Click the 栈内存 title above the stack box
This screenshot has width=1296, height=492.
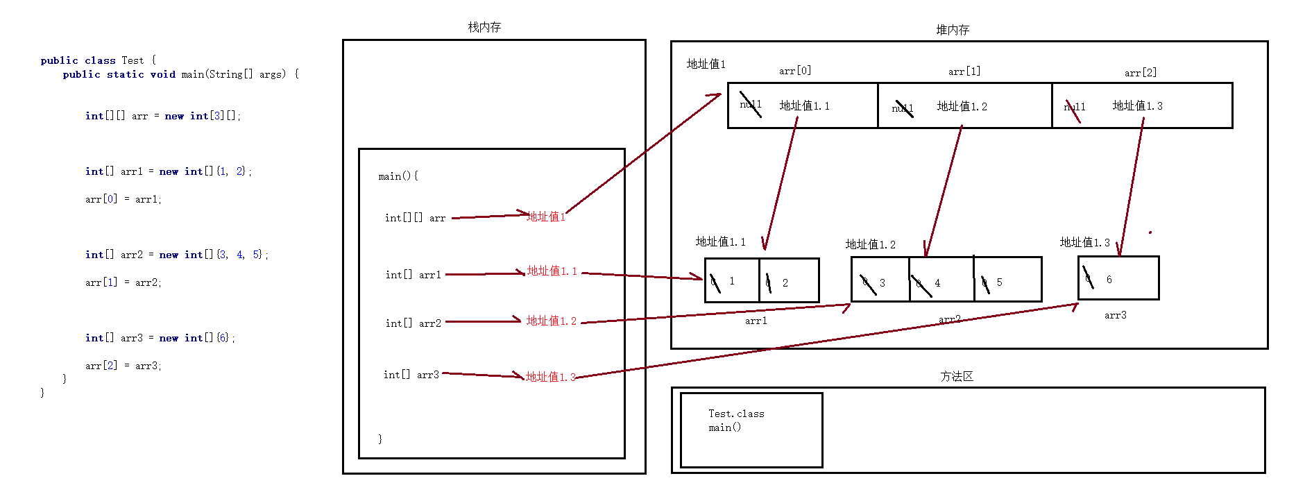tap(484, 27)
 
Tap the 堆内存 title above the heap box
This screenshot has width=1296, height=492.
tap(953, 30)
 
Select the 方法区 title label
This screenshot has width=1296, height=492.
tap(957, 376)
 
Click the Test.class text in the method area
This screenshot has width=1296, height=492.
tap(736, 414)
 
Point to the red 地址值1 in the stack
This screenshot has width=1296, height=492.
tap(546, 217)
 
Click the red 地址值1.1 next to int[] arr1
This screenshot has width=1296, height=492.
tap(552, 271)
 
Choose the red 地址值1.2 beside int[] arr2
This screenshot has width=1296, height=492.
tap(551, 321)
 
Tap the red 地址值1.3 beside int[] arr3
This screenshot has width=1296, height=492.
tap(551, 377)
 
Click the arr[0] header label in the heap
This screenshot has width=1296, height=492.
tap(795, 71)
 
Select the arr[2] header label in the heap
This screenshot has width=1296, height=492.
tap(1141, 72)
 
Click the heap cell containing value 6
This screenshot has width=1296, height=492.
tap(1118, 278)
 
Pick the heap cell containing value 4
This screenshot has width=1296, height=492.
tap(941, 280)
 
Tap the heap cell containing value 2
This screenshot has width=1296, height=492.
tap(789, 280)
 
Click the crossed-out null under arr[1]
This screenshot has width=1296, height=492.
tap(903, 108)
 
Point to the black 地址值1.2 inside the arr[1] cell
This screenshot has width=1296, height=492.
tap(962, 106)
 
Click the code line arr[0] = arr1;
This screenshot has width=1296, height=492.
tap(123, 199)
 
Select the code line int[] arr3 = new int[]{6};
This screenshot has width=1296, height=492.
tap(160, 338)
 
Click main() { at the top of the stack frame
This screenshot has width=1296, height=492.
tap(398, 176)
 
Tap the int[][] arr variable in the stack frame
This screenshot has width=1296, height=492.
tap(415, 218)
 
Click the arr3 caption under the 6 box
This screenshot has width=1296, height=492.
tap(1116, 315)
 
